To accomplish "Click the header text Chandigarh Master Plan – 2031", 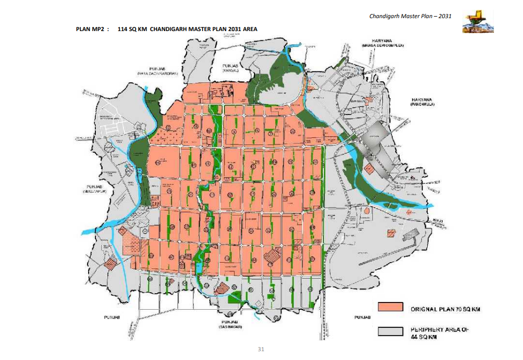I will coord(410,16).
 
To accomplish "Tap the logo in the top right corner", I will coord(477,21).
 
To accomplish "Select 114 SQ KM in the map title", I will coord(133,30).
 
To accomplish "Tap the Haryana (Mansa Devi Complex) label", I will coord(383,43).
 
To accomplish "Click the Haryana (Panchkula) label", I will coord(423,102).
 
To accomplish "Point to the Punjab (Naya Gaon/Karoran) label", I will coord(157,71).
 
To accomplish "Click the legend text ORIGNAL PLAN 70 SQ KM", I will coord(445,309).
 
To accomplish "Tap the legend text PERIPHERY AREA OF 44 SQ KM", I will coord(442,332).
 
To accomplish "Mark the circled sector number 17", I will coord(249,160).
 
